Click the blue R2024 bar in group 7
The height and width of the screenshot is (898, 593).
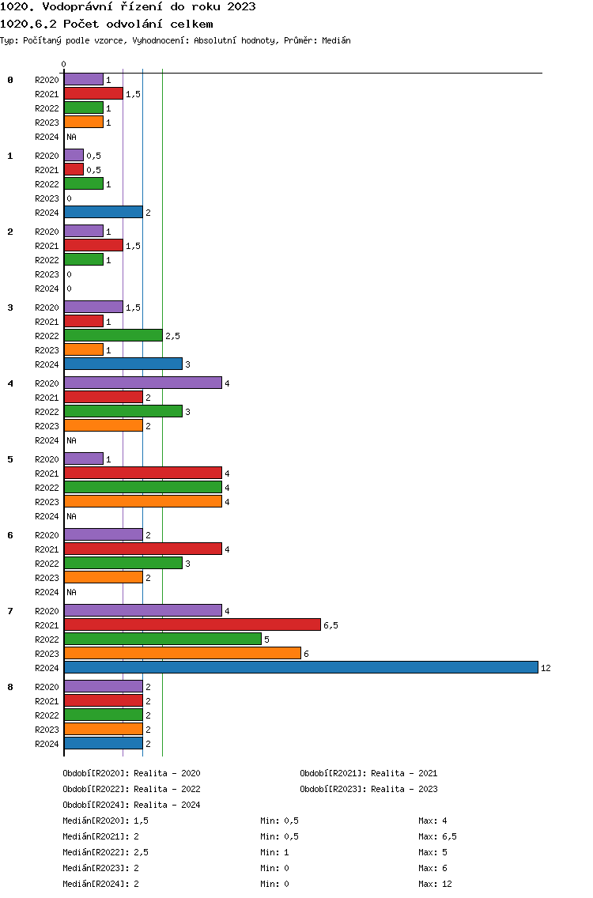pyautogui.click(x=301, y=667)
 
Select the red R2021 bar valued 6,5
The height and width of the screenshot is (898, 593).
pyautogui.click(x=192, y=624)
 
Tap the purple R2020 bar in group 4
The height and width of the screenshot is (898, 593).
pyautogui.click(x=143, y=383)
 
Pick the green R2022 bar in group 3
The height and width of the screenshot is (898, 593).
pyautogui.click(x=113, y=336)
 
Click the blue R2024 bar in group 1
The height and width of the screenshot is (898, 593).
pyautogui.click(x=104, y=212)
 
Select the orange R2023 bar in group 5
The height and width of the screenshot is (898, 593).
pyautogui.click(x=143, y=502)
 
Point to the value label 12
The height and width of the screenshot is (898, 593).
pyautogui.click(x=546, y=668)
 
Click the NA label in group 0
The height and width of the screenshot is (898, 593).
pyautogui.click(x=71, y=137)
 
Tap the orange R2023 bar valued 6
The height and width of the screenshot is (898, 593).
pyautogui.click(x=183, y=653)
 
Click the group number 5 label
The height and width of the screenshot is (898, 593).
pyautogui.click(x=10, y=459)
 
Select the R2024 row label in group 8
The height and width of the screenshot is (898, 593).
pyautogui.click(x=47, y=744)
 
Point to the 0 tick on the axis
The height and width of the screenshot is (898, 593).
pyautogui.click(x=63, y=64)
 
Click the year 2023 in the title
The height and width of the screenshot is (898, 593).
pyautogui.click(x=241, y=7)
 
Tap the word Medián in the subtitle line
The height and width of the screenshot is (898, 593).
pyautogui.click(x=336, y=40)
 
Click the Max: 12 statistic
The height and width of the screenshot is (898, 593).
pyautogui.click(x=435, y=884)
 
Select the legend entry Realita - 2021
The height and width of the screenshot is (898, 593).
pyautogui.click(x=404, y=773)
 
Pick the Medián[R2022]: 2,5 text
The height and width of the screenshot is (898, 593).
pyautogui.click(x=105, y=852)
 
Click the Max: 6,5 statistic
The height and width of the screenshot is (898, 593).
pyautogui.click(x=437, y=836)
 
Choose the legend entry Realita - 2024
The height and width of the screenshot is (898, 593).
pyautogui.click(x=167, y=805)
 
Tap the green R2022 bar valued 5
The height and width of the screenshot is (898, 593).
pyautogui.click(x=163, y=639)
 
